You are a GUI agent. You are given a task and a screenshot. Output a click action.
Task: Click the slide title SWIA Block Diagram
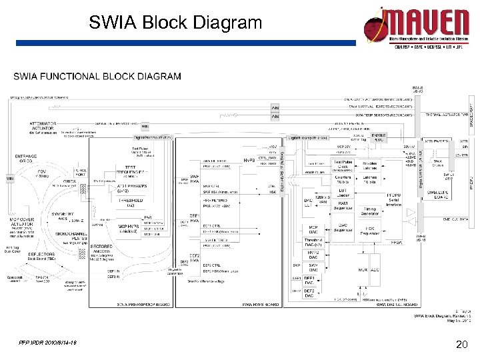pos(176,23)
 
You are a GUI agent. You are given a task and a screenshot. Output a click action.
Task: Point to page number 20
pos(459,345)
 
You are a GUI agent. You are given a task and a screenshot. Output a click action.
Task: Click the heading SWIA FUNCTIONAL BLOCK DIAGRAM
pos(97,76)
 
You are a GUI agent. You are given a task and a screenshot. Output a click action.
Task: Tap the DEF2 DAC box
pos(310,293)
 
